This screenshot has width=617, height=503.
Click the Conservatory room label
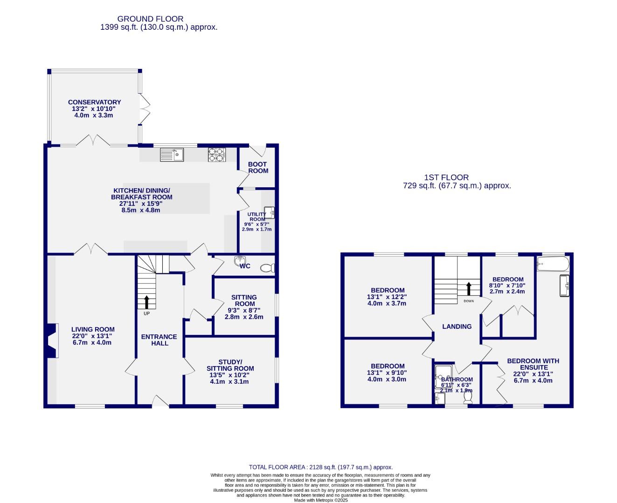(94, 102)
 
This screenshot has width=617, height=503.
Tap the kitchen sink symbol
(172, 154)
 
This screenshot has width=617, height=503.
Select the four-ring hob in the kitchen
(217, 155)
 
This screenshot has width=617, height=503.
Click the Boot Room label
(258, 167)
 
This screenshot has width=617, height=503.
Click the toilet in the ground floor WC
(267, 268)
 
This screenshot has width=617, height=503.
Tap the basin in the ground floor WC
(241, 260)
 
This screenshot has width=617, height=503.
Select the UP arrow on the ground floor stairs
(147, 302)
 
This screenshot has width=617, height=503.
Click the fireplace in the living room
(52, 341)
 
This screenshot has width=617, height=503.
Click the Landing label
(457, 326)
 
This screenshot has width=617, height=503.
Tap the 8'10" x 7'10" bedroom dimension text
(507, 285)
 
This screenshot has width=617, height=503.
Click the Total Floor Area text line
(320, 467)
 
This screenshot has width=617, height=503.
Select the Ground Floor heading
(150, 19)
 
